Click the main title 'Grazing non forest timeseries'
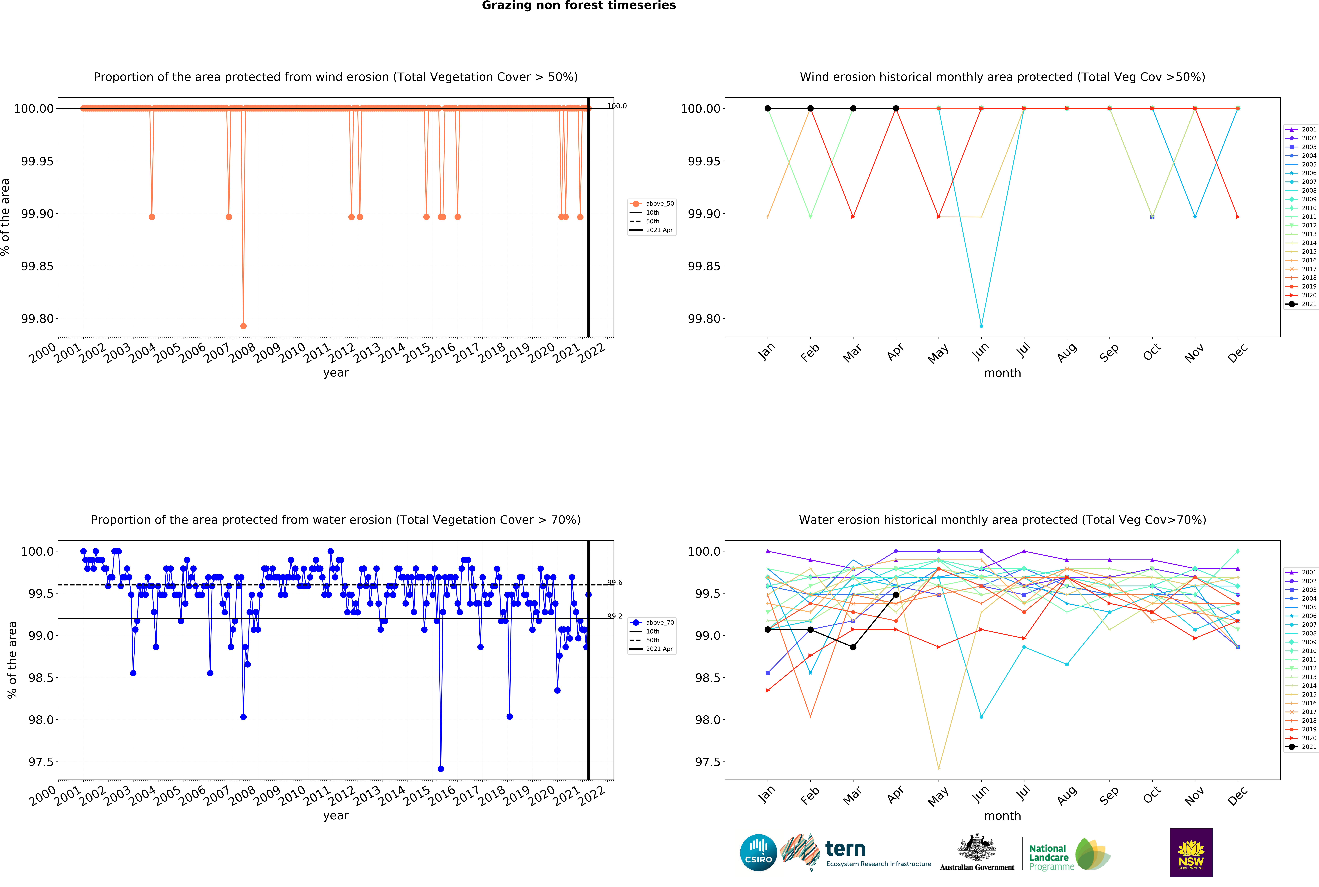[x=578, y=6]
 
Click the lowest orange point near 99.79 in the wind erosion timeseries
[x=243, y=326]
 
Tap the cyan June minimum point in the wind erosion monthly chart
[x=981, y=326]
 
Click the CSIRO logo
[x=758, y=852]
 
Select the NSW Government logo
[x=1191, y=852]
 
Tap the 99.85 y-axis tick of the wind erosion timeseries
[x=37, y=266]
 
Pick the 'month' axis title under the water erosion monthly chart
[x=1002, y=816]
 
